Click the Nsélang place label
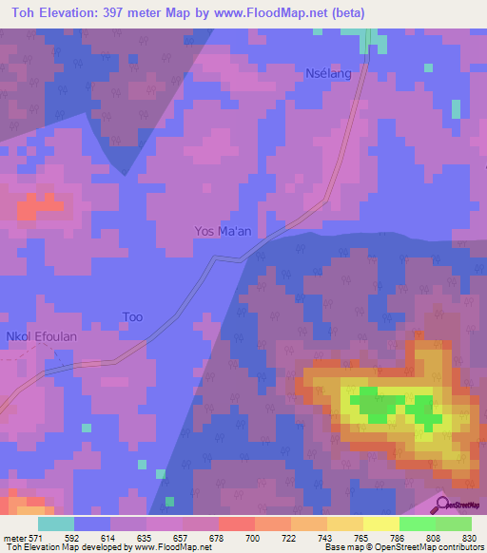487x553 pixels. pos(327,73)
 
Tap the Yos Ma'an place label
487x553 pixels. pos(224,231)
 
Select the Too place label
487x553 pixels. pos(132,316)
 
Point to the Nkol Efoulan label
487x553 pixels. pos(41,336)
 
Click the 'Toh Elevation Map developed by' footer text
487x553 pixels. pos(67,547)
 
